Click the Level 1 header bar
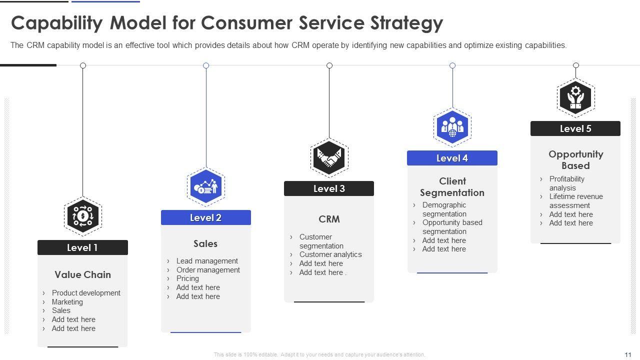point(82,247)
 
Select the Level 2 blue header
point(205,217)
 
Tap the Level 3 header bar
point(329,188)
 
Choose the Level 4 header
point(452,158)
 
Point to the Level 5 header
point(575,128)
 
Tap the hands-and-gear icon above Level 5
point(575,97)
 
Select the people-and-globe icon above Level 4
point(452,127)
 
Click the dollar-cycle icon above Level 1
point(83,216)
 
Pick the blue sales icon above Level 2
point(205,186)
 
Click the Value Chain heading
point(82,274)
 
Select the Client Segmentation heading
point(452,187)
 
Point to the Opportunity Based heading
point(575,160)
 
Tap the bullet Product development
point(86,293)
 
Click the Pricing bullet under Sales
point(187,278)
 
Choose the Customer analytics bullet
point(330,254)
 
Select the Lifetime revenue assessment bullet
point(576,201)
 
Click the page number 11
point(628,354)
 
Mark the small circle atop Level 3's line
point(329,65)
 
